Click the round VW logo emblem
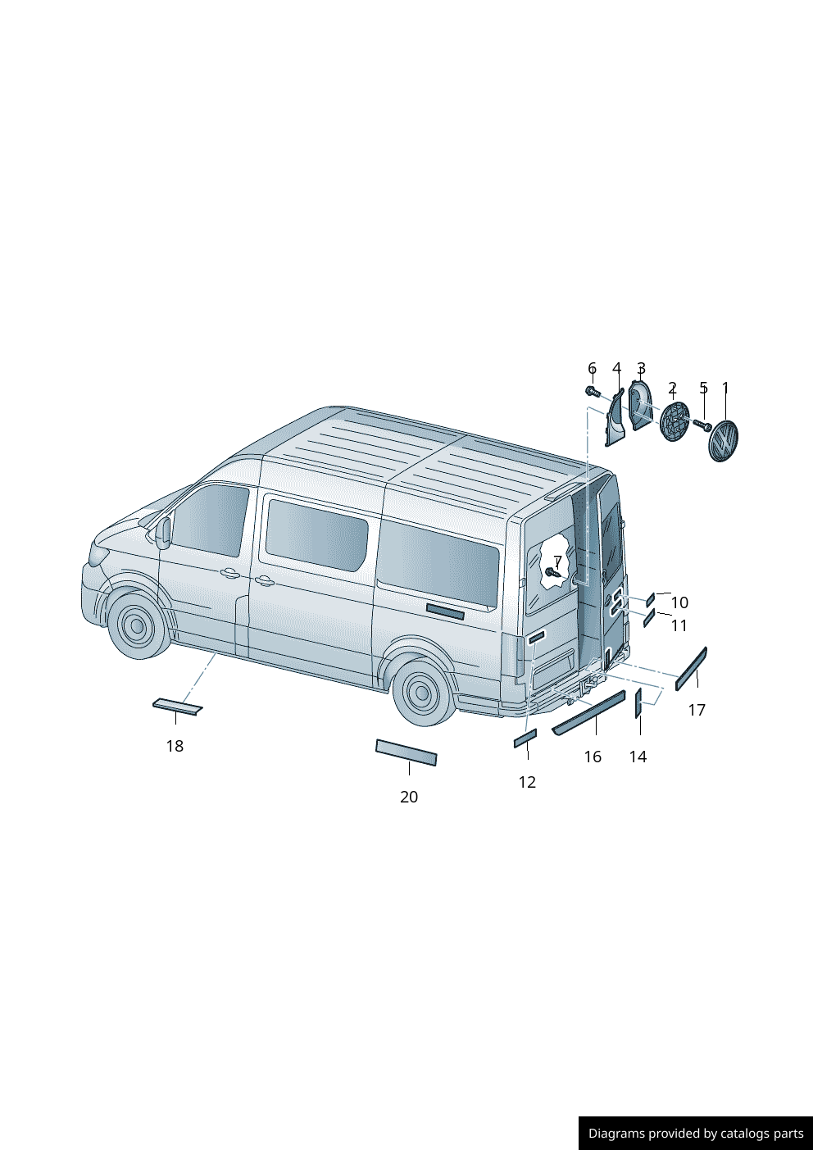pos(723,442)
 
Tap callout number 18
pos(175,746)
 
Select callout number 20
pos(409,797)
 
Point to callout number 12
pos(527,782)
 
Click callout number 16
pos(593,757)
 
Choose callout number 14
pos(638,757)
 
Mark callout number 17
pos(697,710)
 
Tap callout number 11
pos(679,625)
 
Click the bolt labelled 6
pos(592,392)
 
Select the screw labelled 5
pos(702,425)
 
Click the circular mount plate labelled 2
pos(674,423)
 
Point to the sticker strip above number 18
pos(177,706)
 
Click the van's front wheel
pos(136,626)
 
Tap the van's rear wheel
pos(422,693)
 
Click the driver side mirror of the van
pos(164,533)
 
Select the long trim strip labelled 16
pos(588,712)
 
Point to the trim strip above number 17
pos(691,668)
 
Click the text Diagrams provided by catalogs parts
pos(696,1134)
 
